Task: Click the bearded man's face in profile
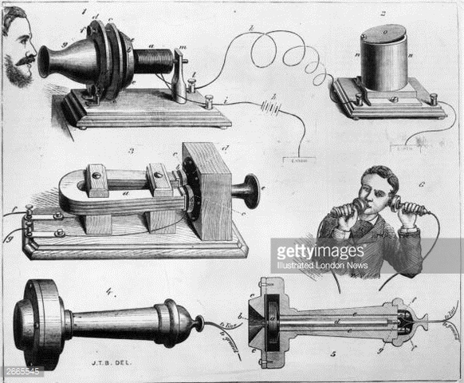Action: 20,56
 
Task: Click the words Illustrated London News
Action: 322,266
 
